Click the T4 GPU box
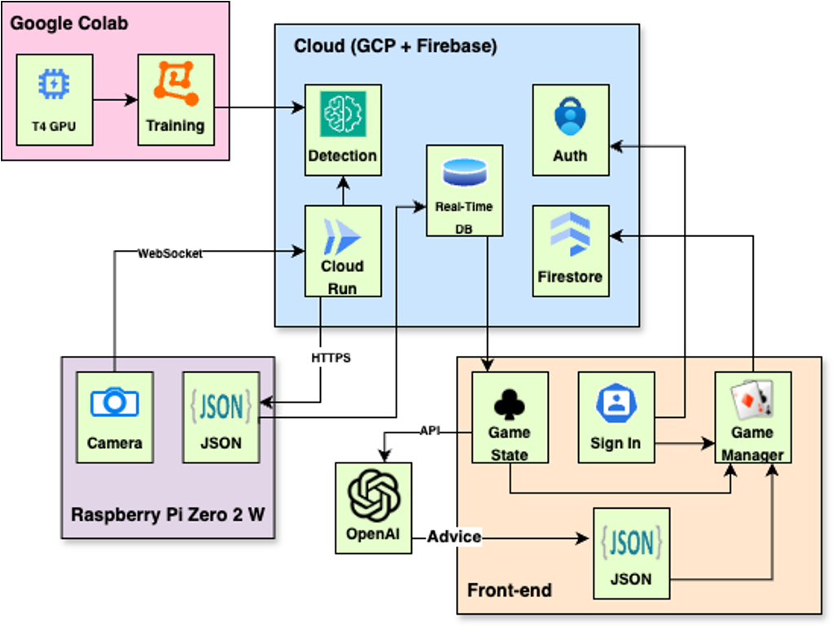click(55, 99)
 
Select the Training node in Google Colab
click(175, 99)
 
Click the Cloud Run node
click(343, 251)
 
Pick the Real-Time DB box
click(464, 191)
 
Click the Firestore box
click(570, 251)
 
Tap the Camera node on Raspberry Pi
click(115, 417)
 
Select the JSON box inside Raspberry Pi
click(221, 417)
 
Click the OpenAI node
click(374, 508)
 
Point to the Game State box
click(510, 417)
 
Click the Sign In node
click(616, 417)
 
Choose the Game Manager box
click(752, 417)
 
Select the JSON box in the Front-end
click(631, 554)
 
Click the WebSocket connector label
click(169, 253)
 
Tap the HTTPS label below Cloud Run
click(331, 357)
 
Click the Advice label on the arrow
click(454, 537)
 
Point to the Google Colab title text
click(68, 23)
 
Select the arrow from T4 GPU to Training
click(115, 100)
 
